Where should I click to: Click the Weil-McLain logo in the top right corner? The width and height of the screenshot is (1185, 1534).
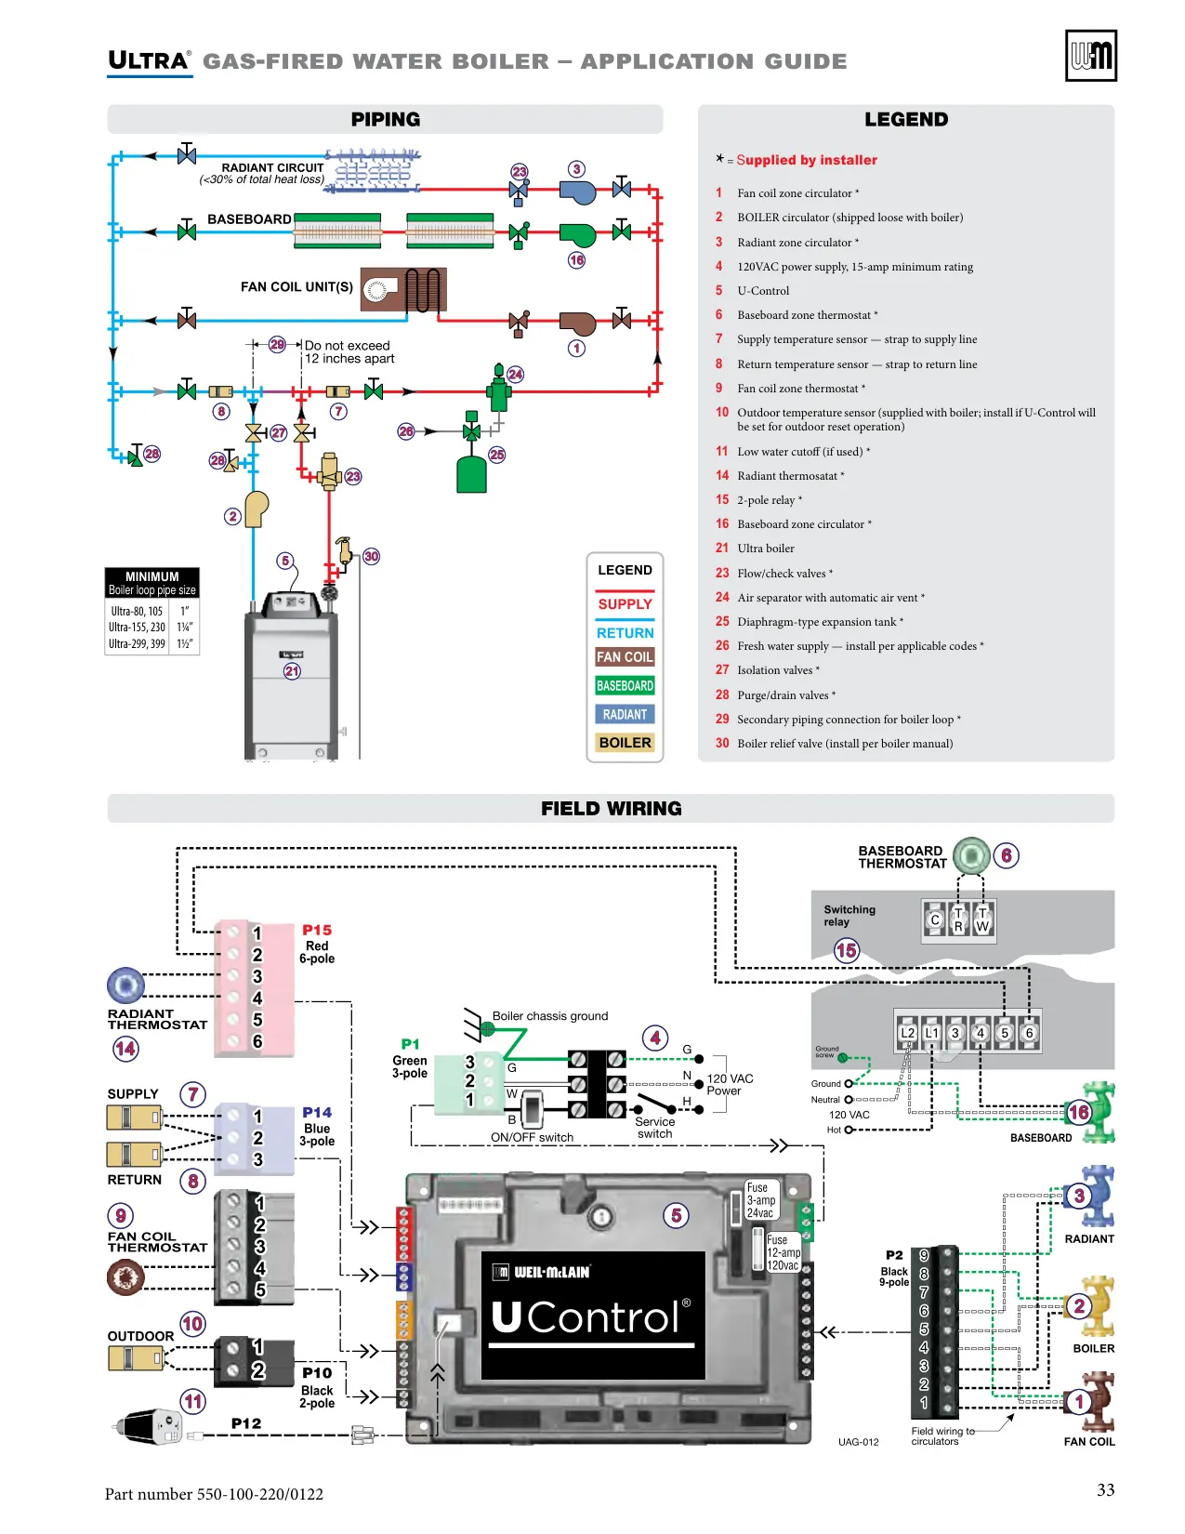(x=1090, y=55)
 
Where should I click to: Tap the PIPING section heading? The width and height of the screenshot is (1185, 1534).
(x=386, y=119)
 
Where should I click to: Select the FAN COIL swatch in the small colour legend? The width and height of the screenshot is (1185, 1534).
(x=625, y=656)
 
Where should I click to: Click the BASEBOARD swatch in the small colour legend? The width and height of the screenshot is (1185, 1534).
(x=625, y=685)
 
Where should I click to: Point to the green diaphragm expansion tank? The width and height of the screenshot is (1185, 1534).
(x=471, y=474)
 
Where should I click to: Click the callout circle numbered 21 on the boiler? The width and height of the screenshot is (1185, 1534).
(x=292, y=670)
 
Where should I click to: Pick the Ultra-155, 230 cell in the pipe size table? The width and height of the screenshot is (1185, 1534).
(x=137, y=627)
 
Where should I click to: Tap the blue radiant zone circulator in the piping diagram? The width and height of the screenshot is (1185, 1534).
(x=577, y=192)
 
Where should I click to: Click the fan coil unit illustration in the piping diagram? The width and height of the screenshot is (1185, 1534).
(x=403, y=289)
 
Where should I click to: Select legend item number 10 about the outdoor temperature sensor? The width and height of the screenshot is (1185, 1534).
(x=905, y=419)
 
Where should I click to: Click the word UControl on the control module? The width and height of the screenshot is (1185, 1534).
(x=591, y=1317)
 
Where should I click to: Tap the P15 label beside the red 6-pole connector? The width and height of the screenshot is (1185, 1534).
(x=317, y=930)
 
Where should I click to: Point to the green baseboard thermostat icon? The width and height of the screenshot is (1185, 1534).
(x=971, y=855)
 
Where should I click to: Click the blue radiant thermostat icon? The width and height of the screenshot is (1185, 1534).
(x=125, y=985)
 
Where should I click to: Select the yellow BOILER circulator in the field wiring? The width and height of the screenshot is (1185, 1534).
(x=1095, y=1306)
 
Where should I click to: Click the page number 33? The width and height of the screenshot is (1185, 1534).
(x=1105, y=1489)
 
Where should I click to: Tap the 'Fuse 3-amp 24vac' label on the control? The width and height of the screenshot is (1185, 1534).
(x=761, y=1200)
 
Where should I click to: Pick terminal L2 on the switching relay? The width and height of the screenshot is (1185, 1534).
(x=907, y=1033)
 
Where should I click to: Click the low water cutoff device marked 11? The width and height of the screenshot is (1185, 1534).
(x=148, y=1427)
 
